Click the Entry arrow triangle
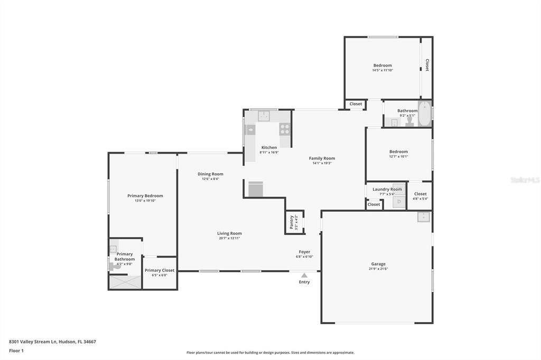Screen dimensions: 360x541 [x=304, y=275]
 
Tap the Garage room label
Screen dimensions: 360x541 [x=378, y=264]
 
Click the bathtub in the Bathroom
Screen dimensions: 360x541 [x=425, y=114]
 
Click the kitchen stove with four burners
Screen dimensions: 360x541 [x=285, y=128]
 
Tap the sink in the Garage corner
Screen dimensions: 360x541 [x=423, y=217]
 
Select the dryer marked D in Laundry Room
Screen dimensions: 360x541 [x=399, y=202]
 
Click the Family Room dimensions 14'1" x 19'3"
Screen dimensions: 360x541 [x=322, y=163]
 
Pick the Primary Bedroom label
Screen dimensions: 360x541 [x=145, y=196]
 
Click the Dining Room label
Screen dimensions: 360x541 [x=210, y=174]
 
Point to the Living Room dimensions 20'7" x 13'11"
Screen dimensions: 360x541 [x=229, y=238]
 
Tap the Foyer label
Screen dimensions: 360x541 [x=304, y=252]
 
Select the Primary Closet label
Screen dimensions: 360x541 [x=160, y=270]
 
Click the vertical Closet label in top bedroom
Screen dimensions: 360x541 [x=427, y=64]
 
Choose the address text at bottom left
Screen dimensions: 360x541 [x=52, y=342]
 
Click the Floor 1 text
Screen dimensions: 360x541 [x=17, y=350]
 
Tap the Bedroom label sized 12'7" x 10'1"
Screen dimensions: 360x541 [x=398, y=151]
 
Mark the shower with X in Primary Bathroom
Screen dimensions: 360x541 [x=125, y=282]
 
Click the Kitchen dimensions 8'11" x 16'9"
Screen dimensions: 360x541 [x=269, y=153]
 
